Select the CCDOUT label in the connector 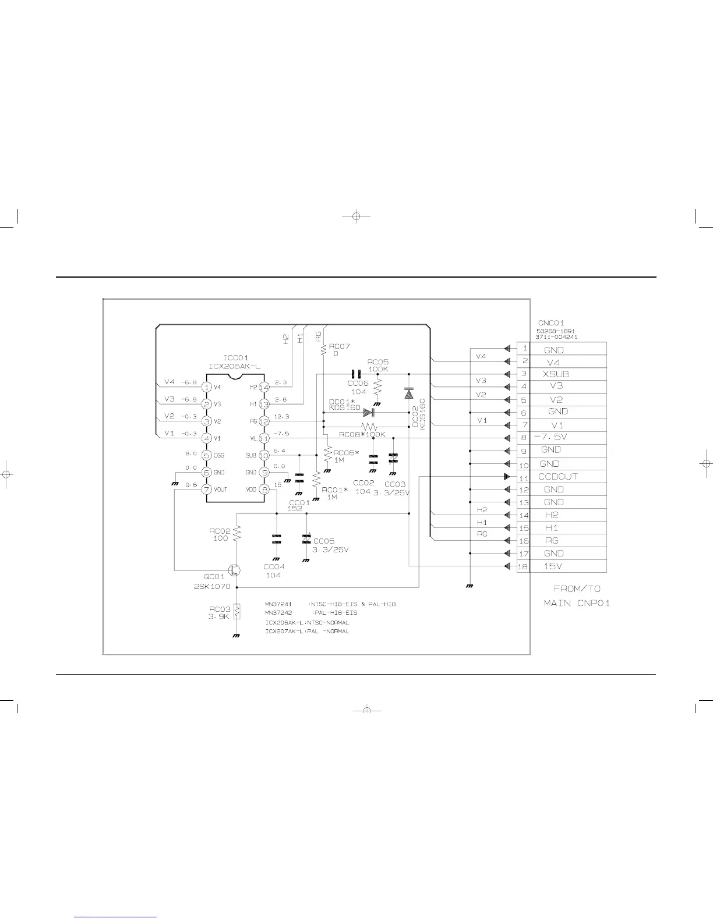[557, 477]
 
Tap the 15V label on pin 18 [552, 566]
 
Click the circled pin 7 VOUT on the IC [206, 490]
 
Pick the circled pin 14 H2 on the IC [264, 386]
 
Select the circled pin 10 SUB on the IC [264, 455]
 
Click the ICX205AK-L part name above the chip [235, 366]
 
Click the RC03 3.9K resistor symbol [237, 612]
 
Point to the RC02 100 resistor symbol [237, 534]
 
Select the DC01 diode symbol [368, 412]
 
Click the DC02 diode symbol [409, 394]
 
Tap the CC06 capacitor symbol [355, 374]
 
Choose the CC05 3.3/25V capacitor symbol [306, 540]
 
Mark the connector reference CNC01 [551, 323]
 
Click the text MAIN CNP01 [577, 603]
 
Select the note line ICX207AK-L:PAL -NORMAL [307, 632]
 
